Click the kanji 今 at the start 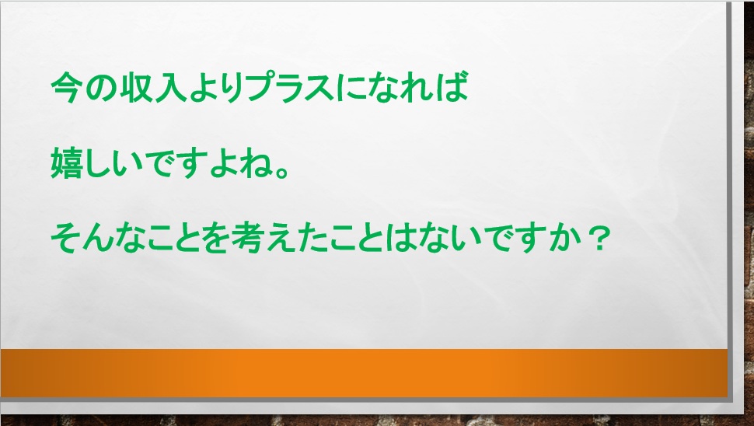(x=65, y=88)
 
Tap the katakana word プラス (x=290, y=88)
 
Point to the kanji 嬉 (x=65, y=163)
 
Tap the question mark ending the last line (x=598, y=239)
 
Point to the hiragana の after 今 (x=99, y=89)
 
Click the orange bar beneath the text (x=364, y=373)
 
